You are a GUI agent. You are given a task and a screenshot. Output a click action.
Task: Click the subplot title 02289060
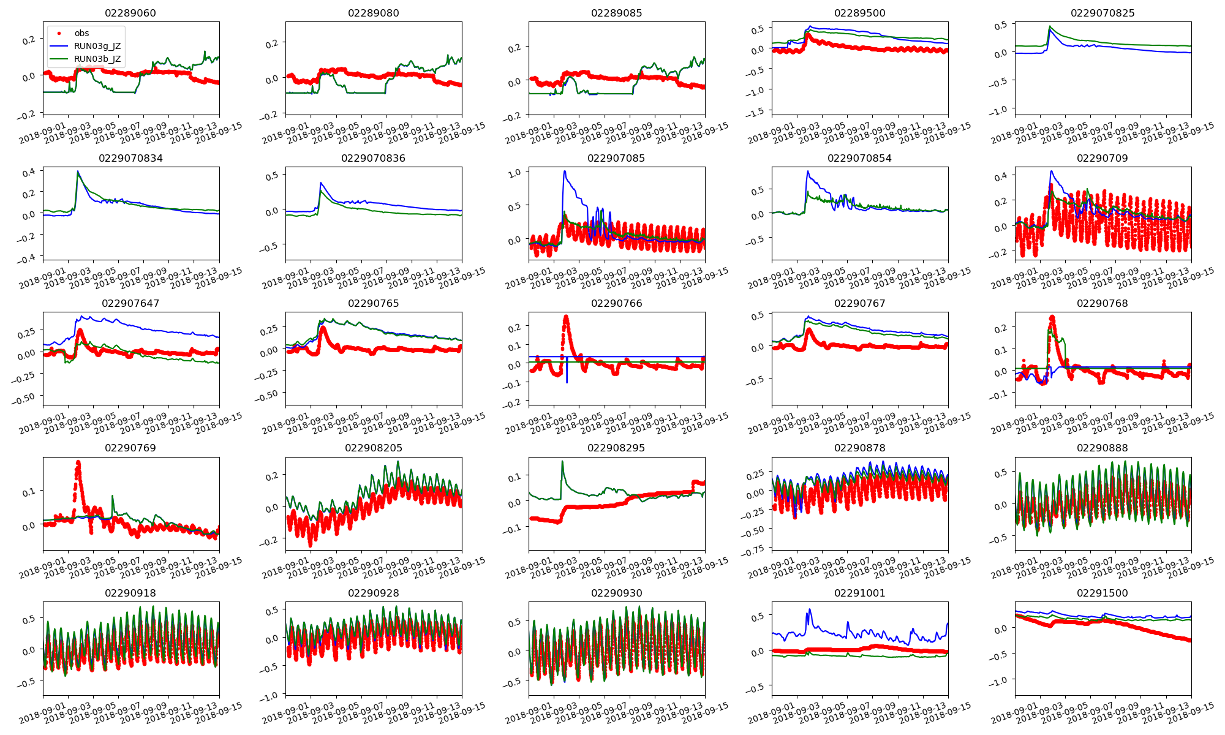130,13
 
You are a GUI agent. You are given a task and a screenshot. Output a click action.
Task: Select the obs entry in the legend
81,34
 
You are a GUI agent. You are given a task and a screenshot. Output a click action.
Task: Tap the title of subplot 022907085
616,158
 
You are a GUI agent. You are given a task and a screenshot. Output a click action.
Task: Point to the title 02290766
616,303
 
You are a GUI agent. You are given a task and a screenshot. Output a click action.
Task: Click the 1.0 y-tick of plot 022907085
514,173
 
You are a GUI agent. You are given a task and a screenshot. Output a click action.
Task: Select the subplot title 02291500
1102,593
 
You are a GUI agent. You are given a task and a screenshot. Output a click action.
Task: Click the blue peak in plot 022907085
564,171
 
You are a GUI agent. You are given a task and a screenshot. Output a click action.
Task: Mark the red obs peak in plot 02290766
566,317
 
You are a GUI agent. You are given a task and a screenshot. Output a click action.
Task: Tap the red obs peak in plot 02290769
78,462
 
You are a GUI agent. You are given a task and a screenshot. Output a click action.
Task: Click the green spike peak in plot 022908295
562,462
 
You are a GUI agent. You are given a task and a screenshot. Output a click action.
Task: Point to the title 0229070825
1102,13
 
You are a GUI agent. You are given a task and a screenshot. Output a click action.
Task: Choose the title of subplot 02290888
1102,448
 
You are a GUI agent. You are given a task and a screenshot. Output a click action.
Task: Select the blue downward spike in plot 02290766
567,383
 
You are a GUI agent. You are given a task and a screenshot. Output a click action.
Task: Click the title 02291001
859,593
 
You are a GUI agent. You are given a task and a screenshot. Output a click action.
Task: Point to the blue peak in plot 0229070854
808,171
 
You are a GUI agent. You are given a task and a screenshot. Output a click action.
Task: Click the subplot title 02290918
130,593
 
